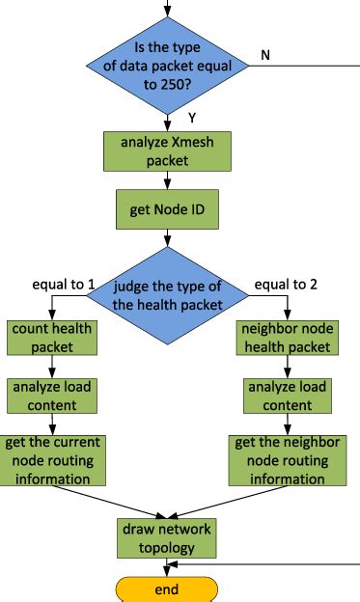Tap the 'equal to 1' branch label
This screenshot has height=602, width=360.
point(63,285)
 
